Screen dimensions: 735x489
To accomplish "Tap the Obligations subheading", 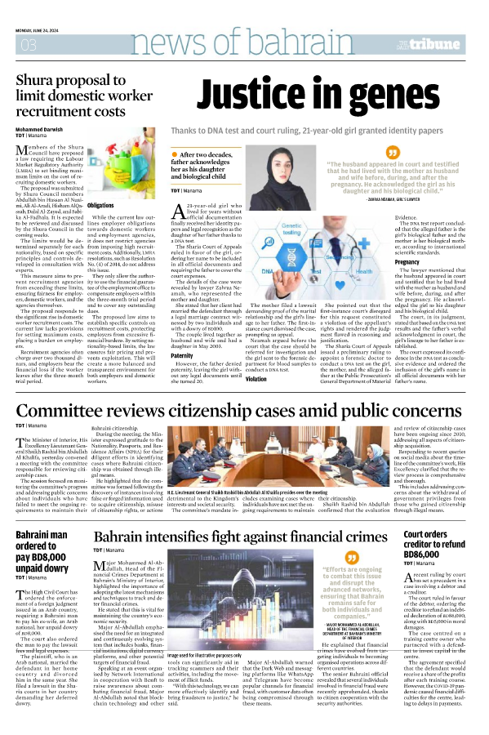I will pos(100,207).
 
